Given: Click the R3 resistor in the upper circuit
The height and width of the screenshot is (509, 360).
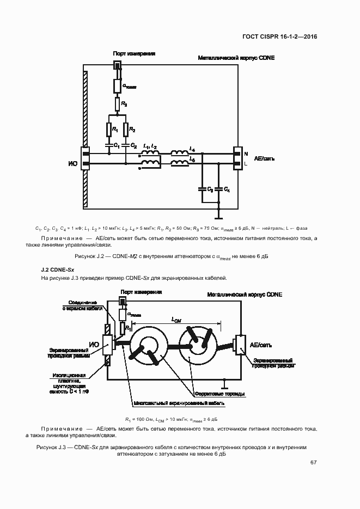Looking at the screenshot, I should point(117,104).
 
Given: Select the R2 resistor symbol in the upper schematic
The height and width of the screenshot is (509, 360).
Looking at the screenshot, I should point(126,129).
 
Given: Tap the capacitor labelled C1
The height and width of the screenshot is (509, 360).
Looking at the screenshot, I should point(109,144).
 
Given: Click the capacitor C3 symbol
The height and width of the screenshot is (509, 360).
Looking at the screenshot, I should point(203,189).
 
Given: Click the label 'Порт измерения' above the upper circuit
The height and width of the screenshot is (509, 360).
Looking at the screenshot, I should point(134,53).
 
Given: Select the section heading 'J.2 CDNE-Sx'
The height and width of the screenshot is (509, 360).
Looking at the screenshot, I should point(58,269).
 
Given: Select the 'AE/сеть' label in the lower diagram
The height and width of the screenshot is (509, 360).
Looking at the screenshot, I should point(261,345).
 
